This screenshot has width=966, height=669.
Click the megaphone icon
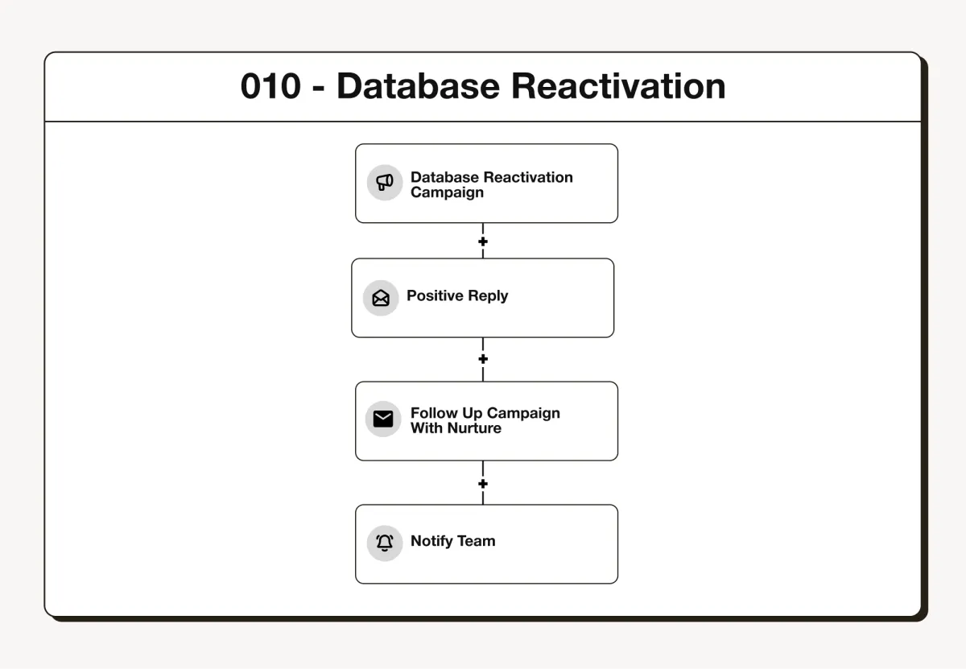click(384, 183)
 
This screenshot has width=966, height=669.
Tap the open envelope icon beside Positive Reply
click(381, 298)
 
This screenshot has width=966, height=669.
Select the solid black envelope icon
click(383, 419)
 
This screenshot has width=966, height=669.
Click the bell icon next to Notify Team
click(385, 543)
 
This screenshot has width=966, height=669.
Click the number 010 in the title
click(270, 86)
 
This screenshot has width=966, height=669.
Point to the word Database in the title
click(418, 86)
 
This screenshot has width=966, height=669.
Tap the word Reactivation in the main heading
click(618, 86)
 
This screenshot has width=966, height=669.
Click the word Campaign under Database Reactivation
click(447, 192)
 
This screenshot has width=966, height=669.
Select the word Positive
click(436, 295)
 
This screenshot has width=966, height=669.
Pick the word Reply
click(488, 296)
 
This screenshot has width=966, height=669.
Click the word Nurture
click(474, 427)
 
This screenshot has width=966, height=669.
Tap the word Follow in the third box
click(434, 413)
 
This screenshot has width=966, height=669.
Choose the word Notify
click(431, 541)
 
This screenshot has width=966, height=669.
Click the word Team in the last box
click(476, 541)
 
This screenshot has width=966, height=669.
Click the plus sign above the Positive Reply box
click(483, 242)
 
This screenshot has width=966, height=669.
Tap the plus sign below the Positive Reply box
click(483, 359)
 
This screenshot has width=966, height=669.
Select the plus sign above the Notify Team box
click(483, 484)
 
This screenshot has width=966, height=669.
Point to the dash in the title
click(318, 89)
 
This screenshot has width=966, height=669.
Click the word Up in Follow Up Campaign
click(473, 414)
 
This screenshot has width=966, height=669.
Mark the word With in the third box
click(427, 427)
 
